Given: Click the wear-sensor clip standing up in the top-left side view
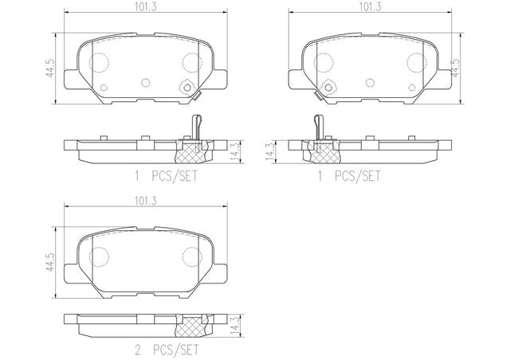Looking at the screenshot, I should (x=194, y=125).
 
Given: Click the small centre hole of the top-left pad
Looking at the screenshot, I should (x=145, y=81).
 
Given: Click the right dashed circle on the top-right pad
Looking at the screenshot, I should (x=413, y=62).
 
